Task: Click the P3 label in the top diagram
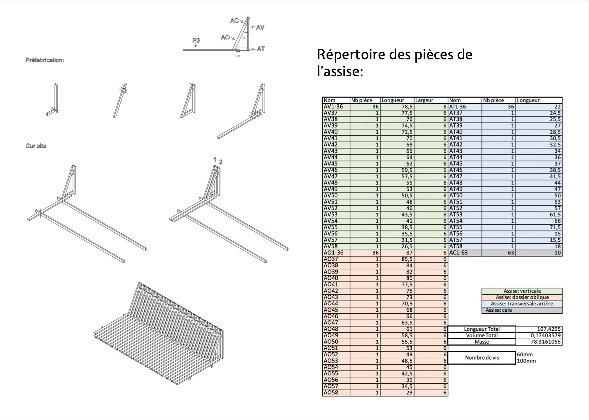[196, 40]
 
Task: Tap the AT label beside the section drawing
[261, 49]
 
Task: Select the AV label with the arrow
[260, 27]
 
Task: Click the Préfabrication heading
[45, 60]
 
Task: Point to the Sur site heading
[36, 146]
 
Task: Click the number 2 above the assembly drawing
[221, 162]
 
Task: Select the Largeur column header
[424, 100]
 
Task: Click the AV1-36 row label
[333, 107]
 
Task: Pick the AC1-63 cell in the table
[458, 253]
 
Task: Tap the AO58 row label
[331, 393]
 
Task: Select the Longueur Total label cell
[482, 329]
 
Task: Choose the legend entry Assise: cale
[499, 310]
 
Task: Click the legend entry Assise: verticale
[522, 291]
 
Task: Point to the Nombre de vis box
[482, 358]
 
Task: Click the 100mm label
[526, 361]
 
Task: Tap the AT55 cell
[456, 227]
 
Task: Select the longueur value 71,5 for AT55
[555, 227]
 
